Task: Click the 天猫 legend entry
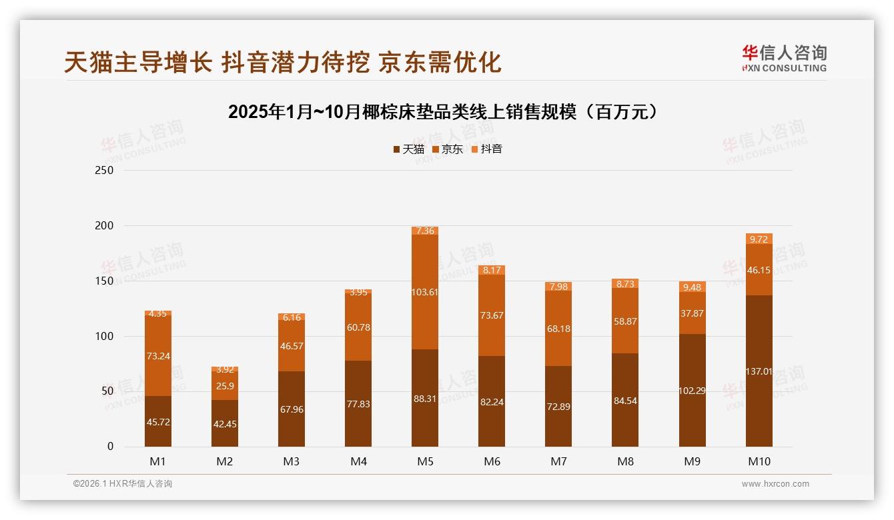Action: [408, 149]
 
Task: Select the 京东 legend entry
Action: [448, 149]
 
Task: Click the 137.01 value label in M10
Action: [759, 371]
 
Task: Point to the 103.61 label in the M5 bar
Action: [425, 291]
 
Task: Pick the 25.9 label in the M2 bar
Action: [225, 387]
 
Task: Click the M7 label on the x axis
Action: [558, 461]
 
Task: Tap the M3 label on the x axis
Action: [292, 461]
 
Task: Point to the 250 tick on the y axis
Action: [105, 170]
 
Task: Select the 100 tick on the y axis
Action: [105, 336]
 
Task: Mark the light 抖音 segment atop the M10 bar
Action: [759, 239]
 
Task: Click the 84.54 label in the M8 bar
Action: [625, 401]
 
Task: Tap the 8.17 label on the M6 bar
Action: [492, 270]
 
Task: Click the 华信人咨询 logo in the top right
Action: [784, 58]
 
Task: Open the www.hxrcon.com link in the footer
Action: [775, 484]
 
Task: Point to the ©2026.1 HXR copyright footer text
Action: [123, 484]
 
